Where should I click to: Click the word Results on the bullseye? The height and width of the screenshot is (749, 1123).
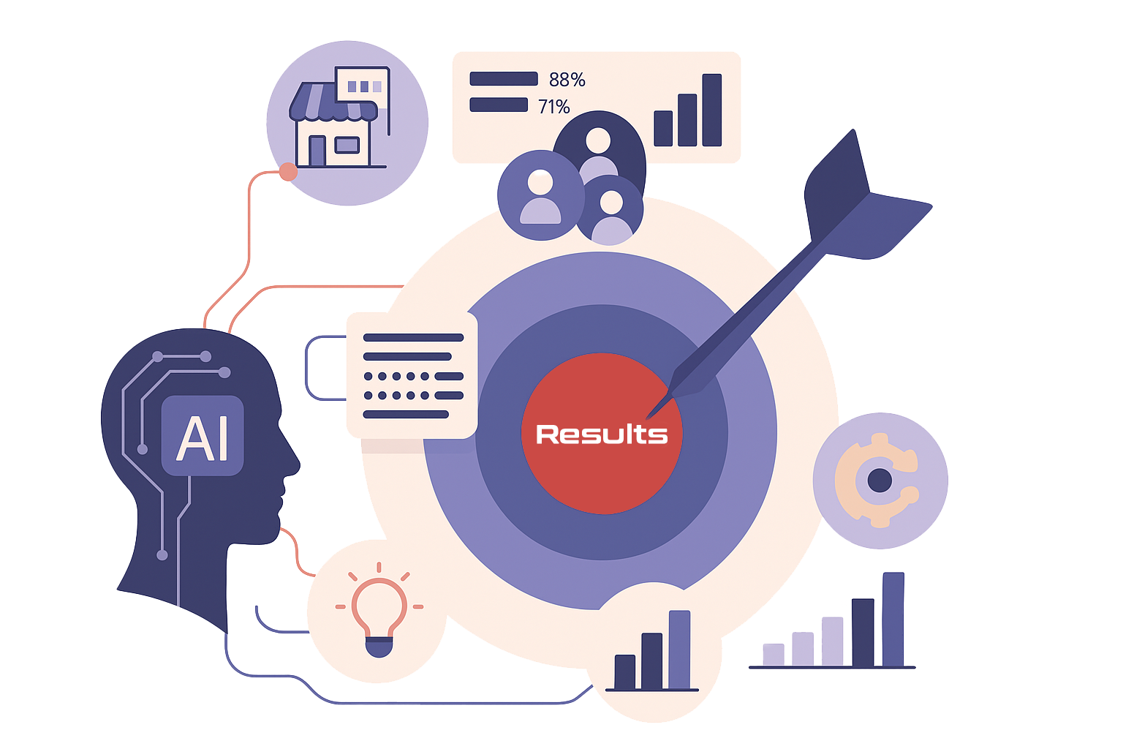[x=602, y=434]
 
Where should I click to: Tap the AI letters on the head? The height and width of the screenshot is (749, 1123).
[x=203, y=438]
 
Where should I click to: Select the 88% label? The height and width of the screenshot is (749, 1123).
[x=567, y=80]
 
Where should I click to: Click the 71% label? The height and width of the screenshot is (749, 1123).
[x=553, y=107]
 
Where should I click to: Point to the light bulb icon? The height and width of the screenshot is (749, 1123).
[x=379, y=614]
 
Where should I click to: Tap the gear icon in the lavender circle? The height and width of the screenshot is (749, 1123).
[x=880, y=481]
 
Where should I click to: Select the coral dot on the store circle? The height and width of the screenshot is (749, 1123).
[x=289, y=173]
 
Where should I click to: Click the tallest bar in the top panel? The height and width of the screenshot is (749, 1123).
[x=711, y=110]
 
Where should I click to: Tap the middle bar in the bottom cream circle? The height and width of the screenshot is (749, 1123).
[x=651, y=661]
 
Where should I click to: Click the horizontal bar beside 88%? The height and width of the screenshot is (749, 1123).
[x=504, y=79]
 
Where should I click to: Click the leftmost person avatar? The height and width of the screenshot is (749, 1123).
[x=540, y=196]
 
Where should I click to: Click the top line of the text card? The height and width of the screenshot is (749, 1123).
[x=413, y=338]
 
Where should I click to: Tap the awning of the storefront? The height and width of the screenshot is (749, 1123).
[x=333, y=102]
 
